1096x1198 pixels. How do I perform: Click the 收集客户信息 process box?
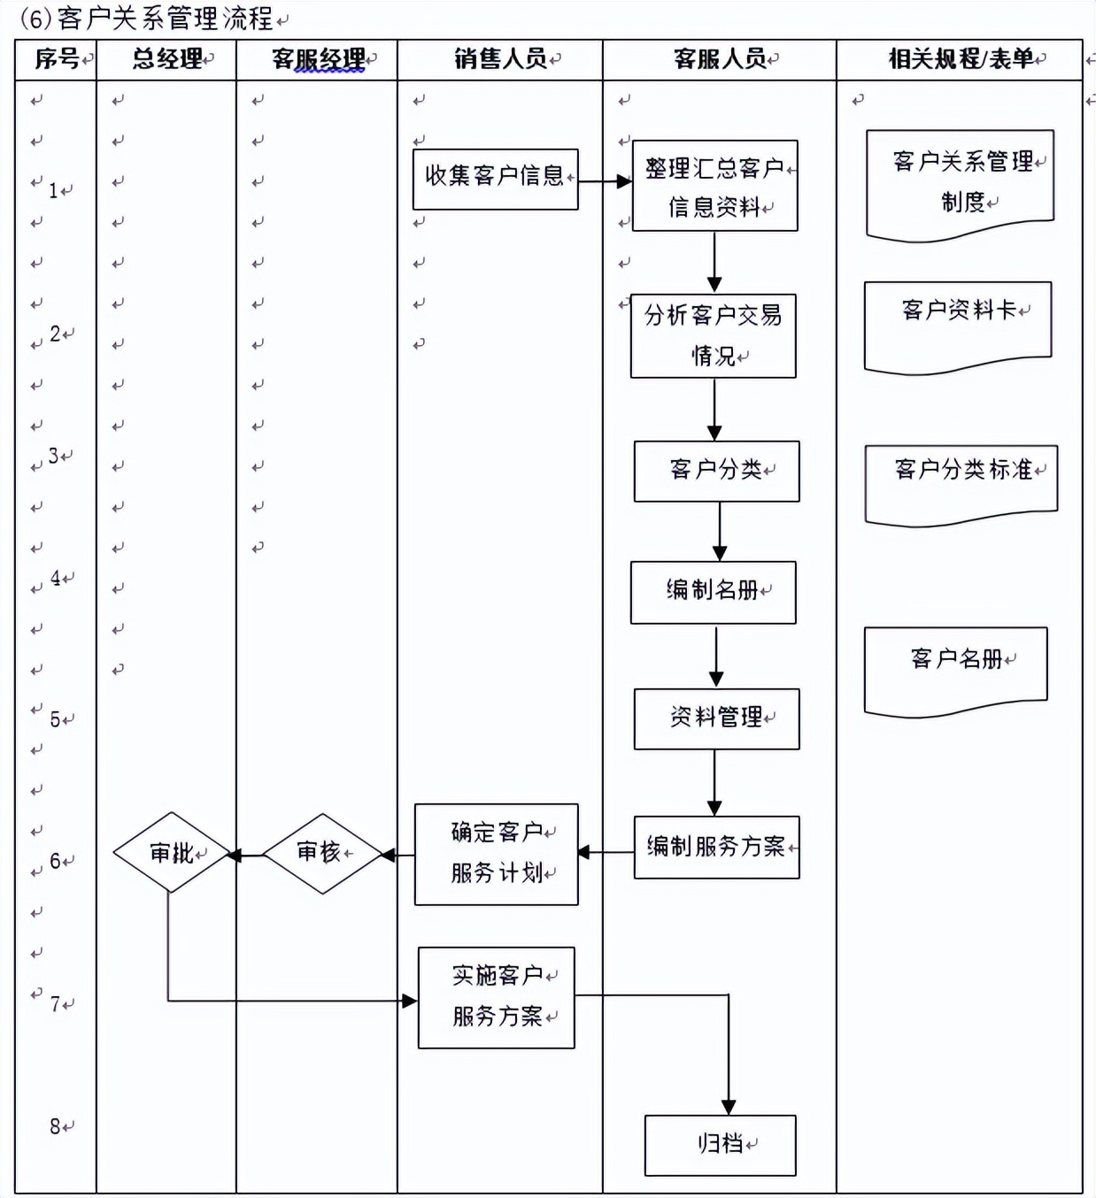(495, 179)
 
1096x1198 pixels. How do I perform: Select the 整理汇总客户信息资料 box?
(714, 186)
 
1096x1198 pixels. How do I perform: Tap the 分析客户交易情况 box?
(713, 335)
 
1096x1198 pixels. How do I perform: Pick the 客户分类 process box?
(716, 471)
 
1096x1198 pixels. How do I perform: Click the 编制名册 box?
(713, 592)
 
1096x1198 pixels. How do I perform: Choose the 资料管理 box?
(716, 718)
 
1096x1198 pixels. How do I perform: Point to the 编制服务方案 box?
(716, 847)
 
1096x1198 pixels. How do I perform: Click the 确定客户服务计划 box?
(496, 854)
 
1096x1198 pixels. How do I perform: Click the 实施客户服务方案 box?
(496, 997)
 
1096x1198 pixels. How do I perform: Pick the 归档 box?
(720, 1145)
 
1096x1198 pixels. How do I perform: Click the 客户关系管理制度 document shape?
(960, 182)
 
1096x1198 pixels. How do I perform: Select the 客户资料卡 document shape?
(957, 323)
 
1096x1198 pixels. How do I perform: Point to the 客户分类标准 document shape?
(961, 481)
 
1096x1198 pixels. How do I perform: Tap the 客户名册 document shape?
(955, 668)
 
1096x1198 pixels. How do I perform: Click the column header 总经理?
(167, 59)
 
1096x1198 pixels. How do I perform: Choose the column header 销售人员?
(500, 59)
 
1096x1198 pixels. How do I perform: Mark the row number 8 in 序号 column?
(56, 1126)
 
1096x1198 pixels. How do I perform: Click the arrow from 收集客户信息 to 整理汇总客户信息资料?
(606, 181)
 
